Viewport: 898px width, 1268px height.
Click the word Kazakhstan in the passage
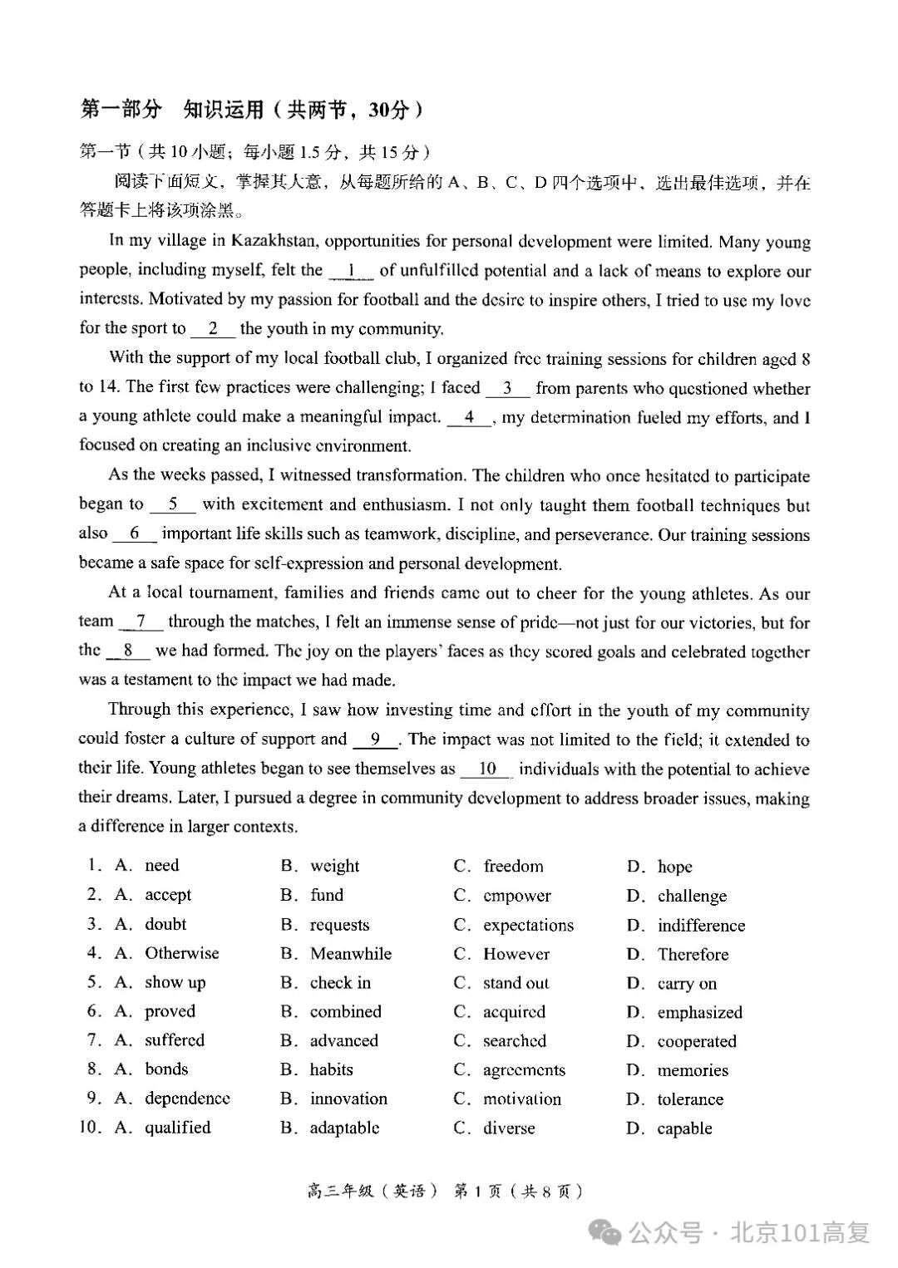pos(274,241)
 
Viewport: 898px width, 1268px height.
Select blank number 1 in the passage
pos(351,271)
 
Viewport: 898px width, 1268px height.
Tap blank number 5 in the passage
pos(173,504)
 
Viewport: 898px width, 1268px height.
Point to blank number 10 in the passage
pos(487,769)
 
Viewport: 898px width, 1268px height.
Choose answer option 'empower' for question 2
pos(516,896)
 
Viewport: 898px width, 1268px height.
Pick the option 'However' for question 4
pos(516,954)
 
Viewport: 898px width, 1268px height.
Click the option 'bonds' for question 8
pos(166,1069)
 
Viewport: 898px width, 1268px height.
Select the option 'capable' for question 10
pos(684,1128)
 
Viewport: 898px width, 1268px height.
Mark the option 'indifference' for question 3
pos(701,926)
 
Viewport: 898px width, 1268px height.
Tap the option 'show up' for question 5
pos(175,982)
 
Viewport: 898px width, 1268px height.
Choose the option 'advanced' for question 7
pos(343,1040)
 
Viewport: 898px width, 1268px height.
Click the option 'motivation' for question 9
pos(521,1099)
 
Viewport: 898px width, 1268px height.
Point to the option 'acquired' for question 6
pos(514,1012)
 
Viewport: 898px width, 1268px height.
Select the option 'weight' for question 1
pos(334,866)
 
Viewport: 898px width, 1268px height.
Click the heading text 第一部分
pos(121,110)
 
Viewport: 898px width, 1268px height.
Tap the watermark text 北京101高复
pos(800,1231)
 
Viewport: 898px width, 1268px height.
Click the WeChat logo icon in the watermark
pos(605,1231)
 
